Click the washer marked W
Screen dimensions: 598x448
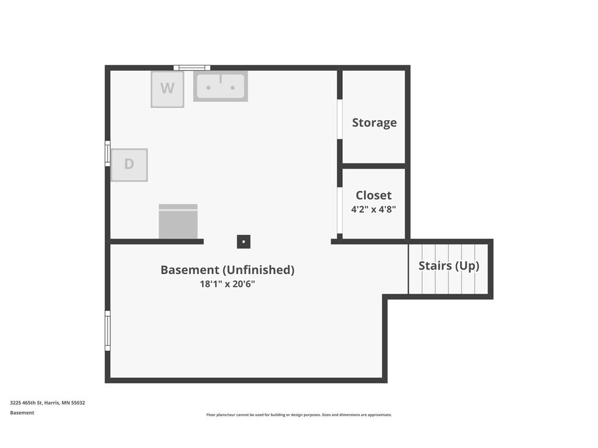point(168,89)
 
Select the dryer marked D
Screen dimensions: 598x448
point(129,164)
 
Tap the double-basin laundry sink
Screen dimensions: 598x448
point(220,86)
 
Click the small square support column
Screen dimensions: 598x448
point(244,242)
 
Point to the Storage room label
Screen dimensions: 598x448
point(374,123)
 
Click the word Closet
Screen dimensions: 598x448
point(374,195)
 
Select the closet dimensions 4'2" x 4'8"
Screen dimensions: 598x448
point(374,209)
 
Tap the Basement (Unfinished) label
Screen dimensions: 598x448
point(227,269)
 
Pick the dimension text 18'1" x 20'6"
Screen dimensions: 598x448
point(227,284)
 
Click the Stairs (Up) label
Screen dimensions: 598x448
point(449,265)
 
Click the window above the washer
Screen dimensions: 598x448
point(192,68)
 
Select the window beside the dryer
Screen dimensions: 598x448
point(107,153)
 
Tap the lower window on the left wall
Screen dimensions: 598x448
point(107,331)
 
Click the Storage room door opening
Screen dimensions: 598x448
point(339,119)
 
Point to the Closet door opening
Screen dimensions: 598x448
point(339,210)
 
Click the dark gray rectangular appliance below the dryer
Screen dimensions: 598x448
point(178,221)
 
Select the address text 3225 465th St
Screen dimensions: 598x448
point(26,402)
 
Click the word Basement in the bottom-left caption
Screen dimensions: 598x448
point(22,412)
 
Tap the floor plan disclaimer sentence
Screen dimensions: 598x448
point(299,415)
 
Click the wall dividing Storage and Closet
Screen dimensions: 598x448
point(374,166)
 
